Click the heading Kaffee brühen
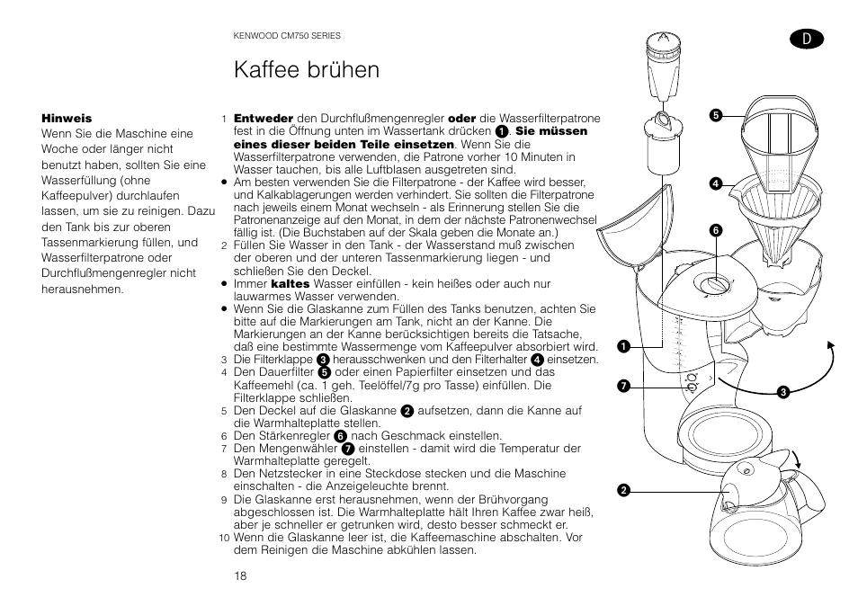pyautogui.click(x=306, y=69)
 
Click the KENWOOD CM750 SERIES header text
pyautogui.click(x=287, y=36)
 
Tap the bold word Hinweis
pyautogui.click(x=67, y=119)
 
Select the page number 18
pyautogui.click(x=240, y=575)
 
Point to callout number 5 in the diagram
pyautogui.click(x=716, y=115)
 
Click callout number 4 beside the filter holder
pyautogui.click(x=716, y=183)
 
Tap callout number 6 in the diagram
pyautogui.click(x=716, y=230)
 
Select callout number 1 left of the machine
pyautogui.click(x=621, y=346)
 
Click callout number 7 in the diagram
pyautogui.click(x=621, y=386)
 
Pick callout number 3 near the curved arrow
pyautogui.click(x=783, y=391)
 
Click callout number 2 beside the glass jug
pyautogui.click(x=621, y=490)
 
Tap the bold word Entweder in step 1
pyautogui.click(x=264, y=119)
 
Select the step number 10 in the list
pyautogui.click(x=225, y=539)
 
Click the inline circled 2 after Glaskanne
pyautogui.click(x=407, y=411)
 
